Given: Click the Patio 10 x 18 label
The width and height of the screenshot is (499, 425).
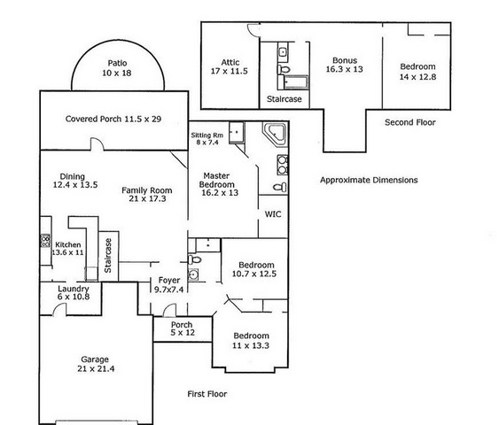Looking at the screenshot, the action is [117, 68].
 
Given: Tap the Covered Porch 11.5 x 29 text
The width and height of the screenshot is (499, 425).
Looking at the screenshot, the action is [113, 119].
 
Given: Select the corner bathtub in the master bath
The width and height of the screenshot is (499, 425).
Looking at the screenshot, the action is [275, 134].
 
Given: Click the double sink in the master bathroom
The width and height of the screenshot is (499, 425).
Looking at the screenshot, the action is [282, 165].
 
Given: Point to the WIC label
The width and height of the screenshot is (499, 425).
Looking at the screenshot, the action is [273, 214].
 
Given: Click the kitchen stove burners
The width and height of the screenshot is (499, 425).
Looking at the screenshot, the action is [45, 241].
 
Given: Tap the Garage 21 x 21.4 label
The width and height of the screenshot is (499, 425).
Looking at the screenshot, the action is [96, 364].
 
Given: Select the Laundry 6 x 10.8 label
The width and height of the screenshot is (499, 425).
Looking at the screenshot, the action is [74, 292].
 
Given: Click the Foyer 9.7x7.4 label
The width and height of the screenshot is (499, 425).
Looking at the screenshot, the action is [169, 284].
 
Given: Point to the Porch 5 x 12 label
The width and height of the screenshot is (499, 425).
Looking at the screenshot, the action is [183, 328].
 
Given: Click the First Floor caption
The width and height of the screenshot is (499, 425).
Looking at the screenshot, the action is [207, 394].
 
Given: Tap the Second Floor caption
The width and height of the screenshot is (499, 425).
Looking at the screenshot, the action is [409, 122].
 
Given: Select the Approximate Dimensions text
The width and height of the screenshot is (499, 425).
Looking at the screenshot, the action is [369, 180].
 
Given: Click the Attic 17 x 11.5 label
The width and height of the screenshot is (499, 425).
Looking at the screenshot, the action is [230, 66].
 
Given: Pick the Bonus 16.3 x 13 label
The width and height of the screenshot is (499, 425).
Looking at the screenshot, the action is [344, 65].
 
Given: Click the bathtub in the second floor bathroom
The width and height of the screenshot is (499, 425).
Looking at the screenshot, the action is [293, 82].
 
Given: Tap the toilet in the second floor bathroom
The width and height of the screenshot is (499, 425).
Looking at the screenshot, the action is [284, 69].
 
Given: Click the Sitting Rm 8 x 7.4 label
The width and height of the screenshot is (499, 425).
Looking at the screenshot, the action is [207, 139].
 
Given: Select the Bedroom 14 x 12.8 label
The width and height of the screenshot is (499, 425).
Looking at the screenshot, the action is [417, 72].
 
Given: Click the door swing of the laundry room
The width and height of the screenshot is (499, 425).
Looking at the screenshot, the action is [59, 309].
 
